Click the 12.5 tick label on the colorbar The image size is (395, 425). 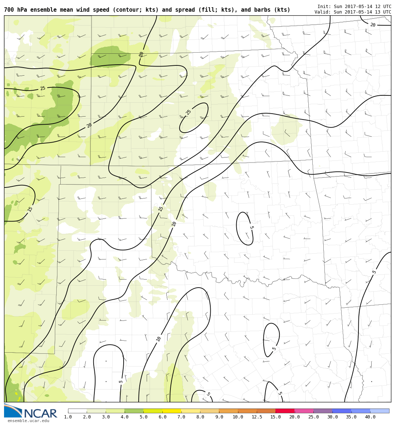pos(257,417)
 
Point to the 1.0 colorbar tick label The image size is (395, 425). pos(68,417)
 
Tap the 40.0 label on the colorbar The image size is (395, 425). pos(370,417)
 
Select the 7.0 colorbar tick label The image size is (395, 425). pos(181,417)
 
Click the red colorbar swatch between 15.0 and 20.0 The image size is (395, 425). pos(285,411)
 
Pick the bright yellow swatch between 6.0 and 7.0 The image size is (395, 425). pos(172,411)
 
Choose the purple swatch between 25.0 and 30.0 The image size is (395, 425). pos(323,411)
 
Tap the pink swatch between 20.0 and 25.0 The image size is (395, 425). pos(304,411)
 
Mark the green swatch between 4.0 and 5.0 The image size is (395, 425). pos(134,411)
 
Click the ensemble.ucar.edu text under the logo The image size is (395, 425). pos(28,421)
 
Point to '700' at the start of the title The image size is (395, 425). pos(9,10)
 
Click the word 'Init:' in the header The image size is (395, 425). pos(324,7)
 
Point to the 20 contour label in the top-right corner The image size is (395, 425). pos(373,25)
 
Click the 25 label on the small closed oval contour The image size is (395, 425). pos(189,112)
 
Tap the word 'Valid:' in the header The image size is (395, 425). pos(323,12)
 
